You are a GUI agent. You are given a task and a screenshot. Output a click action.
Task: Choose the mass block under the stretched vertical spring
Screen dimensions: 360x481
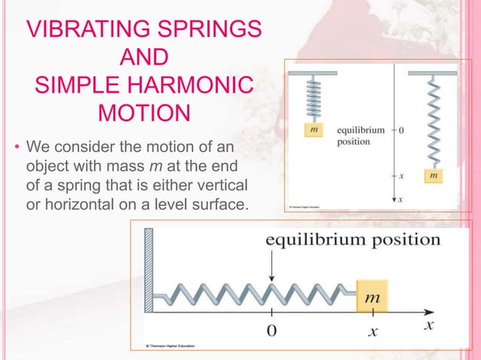(434, 175)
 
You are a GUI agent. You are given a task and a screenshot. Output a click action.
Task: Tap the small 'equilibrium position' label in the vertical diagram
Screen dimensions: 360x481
(360, 135)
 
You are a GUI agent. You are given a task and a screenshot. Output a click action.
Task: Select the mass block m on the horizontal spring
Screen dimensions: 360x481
(372, 297)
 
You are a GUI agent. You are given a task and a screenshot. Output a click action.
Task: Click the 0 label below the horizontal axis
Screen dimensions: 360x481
(272, 329)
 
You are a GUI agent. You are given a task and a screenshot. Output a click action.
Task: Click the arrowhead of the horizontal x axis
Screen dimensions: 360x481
(433, 310)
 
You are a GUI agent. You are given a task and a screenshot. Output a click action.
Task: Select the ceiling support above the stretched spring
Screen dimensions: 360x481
(434, 73)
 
